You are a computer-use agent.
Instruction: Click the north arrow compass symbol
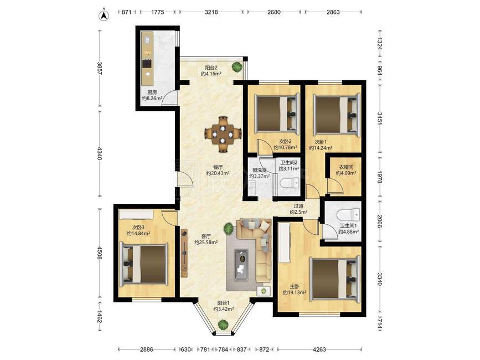105,16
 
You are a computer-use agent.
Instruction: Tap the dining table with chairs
223,134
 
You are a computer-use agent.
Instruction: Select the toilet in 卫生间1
349,214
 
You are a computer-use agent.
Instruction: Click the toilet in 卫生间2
290,183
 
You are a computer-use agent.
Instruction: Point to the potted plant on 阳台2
236,66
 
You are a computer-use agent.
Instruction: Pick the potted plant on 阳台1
223,325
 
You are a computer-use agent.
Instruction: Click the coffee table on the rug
242,265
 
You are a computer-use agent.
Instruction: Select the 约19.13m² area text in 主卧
295,292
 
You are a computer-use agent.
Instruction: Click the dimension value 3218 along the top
211,12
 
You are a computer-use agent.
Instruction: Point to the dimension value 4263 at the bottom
319,349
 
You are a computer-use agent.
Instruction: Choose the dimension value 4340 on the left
100,153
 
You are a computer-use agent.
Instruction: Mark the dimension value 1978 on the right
380,177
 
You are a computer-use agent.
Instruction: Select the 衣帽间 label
346,167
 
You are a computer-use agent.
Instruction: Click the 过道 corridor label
298,207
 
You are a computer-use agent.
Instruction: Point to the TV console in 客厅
184,253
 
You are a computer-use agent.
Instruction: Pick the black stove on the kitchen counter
147,64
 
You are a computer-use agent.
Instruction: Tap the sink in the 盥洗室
252,187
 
